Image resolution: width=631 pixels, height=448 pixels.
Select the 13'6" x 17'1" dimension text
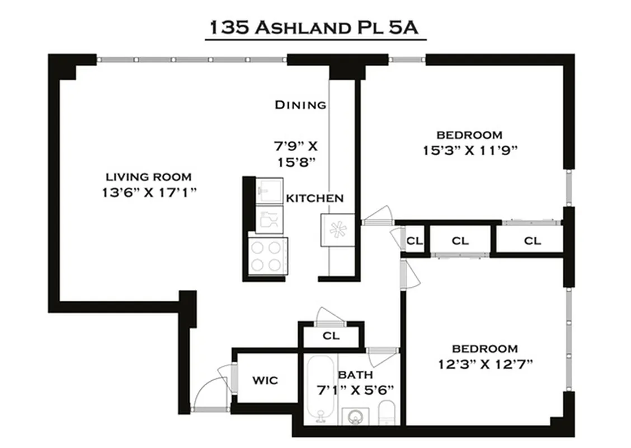(149, 192)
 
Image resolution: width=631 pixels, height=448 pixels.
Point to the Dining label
(300, 105)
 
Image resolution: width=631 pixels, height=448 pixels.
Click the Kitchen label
(314, 198)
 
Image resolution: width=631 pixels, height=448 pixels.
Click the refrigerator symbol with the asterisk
(337, 230)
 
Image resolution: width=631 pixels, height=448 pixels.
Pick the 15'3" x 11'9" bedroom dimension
(469, 150)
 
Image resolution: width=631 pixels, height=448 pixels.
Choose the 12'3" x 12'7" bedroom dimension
(485, 364)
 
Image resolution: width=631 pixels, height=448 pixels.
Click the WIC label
(264, 381)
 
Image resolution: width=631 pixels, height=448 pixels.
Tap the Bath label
(355, 375)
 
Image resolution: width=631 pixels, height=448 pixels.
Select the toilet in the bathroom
(387, 414)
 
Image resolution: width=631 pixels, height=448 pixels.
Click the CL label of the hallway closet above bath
(332, 337)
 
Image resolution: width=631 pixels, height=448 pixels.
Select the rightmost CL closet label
(532, 241)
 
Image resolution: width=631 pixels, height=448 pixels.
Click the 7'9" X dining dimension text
(295, 147)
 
